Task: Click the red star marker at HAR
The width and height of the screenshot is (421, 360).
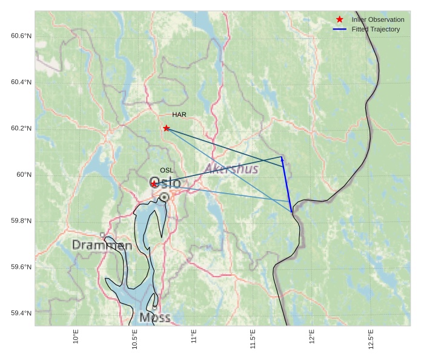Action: click(x=167, y=128)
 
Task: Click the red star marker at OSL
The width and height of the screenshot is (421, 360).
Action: click(x=154, y=183)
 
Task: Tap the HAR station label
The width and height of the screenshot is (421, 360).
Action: click(x=179, y=115)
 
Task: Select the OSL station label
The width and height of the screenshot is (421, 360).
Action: click(x=167, y=171)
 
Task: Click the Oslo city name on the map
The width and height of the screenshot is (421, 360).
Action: click(x=165, y=182)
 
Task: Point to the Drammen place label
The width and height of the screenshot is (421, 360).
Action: click(x=102, y=245)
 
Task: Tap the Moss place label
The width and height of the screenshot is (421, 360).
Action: click(x=154, y=317)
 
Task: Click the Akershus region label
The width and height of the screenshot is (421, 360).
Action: click(x=231, y=169)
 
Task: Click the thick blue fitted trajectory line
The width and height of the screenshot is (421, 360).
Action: click(x=287, y=185)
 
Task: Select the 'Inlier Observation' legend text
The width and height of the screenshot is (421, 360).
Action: click(x=377, y=20)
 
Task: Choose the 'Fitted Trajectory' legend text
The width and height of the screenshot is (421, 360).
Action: click(x=376, y=30)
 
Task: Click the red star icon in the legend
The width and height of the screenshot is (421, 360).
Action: click(x=340, y=19)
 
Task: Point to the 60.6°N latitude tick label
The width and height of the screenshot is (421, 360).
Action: click(x=21, y=36)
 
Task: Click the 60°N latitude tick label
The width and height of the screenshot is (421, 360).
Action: click(x=24, y=175)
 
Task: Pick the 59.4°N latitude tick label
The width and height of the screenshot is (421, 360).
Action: click(x=21, y=313)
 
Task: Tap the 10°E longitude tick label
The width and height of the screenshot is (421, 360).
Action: click(x=76, y=337)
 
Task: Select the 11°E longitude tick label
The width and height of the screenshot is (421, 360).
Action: click(x=194, y=337)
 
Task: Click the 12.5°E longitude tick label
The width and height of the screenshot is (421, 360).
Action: click(x=371, y=339)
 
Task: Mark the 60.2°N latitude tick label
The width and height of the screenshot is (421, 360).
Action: click(x=21, y=128)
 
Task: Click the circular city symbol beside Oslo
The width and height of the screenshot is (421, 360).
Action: click(x=164, y=197)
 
